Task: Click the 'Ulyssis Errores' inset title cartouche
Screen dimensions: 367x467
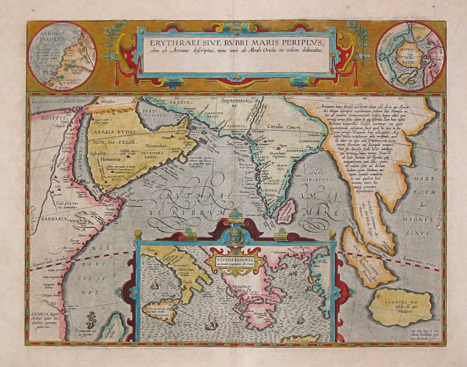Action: (x=241, y=260)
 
